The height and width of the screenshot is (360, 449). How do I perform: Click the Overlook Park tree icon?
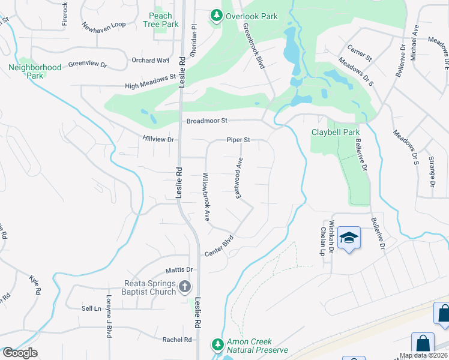[x=216, y=16]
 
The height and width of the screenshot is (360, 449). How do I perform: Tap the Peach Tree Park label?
[x=161, y=20]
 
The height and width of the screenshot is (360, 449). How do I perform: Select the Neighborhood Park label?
[x=35, y=71]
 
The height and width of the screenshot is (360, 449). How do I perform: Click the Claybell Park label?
[x=335, y=132]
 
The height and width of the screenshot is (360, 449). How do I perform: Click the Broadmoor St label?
[x=207, y=121]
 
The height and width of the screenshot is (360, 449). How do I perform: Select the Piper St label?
[x=238, y=140]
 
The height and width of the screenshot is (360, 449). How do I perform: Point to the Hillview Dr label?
[x=158, y=139]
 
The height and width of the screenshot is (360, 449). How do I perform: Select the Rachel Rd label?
[x=176, y=340]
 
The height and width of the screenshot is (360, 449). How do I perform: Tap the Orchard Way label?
[x=150, y=60]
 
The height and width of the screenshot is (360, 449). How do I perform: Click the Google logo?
[x=20, y=353]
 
